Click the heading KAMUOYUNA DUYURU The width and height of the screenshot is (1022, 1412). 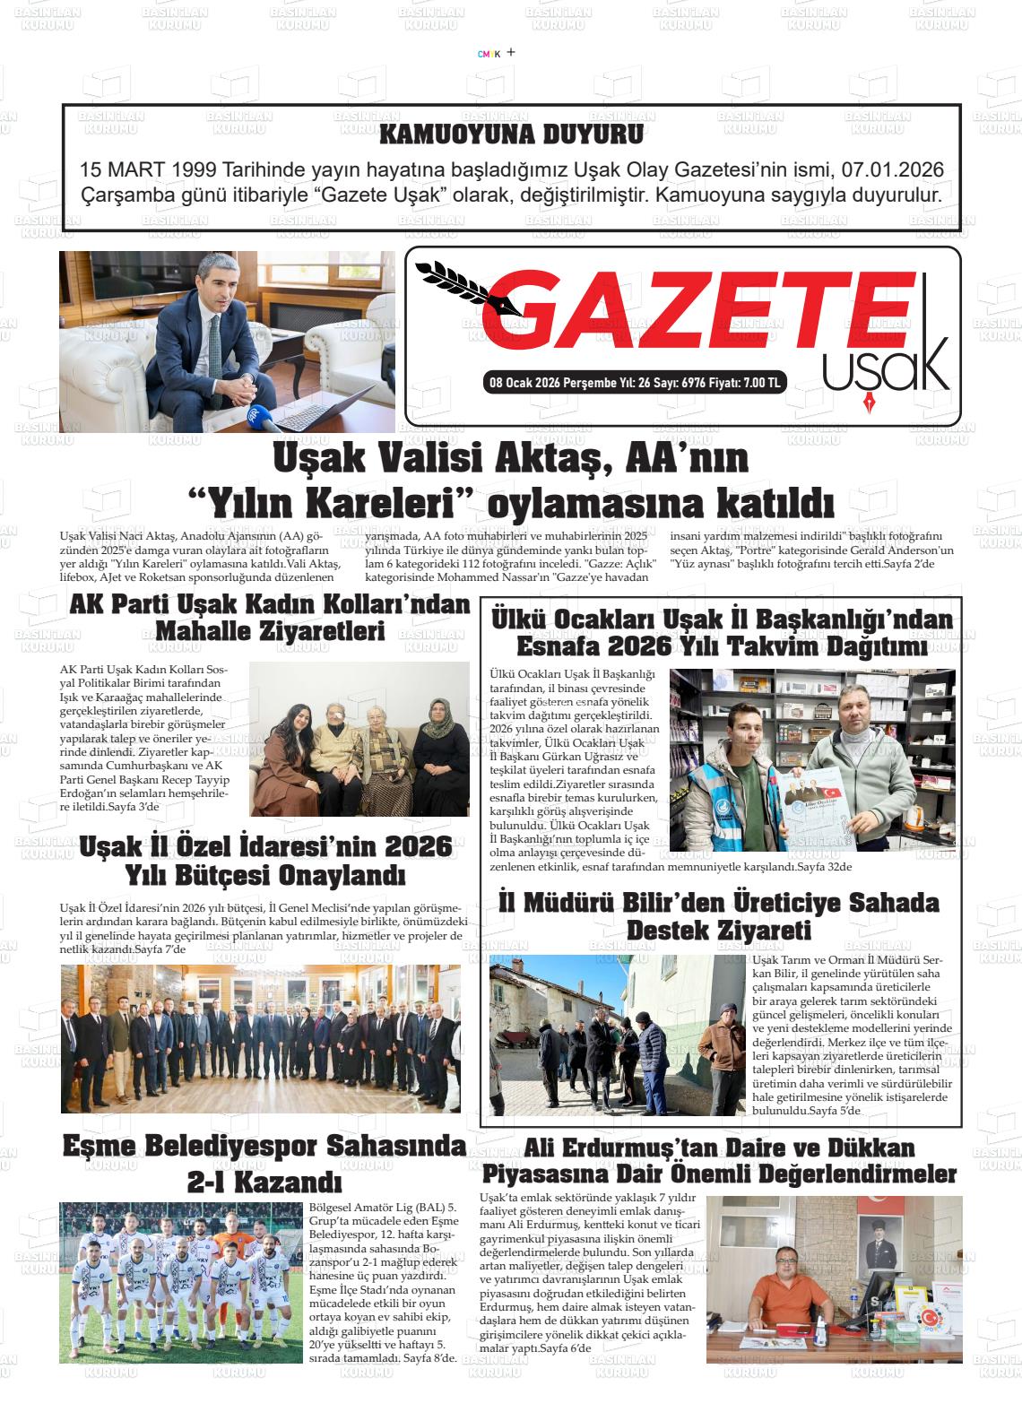click(x=511, y=135)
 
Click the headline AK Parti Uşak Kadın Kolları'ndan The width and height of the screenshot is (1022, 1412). click(x=269, y=605)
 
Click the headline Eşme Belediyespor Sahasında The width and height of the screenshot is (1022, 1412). click(x=264, y=1146)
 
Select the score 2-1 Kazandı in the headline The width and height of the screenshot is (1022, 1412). click(x=264, y=1181)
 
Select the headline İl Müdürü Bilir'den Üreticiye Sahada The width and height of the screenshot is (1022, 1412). click(x=719, y=903)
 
